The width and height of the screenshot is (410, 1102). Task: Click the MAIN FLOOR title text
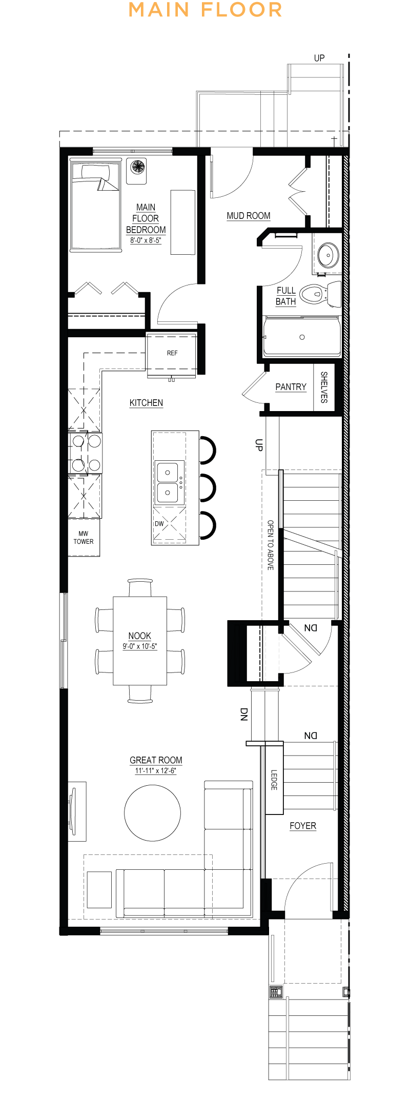pos(205,10)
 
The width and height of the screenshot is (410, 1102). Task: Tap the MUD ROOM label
pos(249,216)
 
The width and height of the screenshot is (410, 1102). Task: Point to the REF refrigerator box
pos(172,353)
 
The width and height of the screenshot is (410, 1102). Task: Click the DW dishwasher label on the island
pos(159,523)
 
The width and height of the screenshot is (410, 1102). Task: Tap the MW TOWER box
pos(84,538)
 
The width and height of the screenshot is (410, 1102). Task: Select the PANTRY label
pos(291,387)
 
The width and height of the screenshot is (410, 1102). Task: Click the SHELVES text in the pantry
pos(324,387)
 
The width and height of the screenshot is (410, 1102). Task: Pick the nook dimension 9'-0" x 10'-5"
pos(139,646)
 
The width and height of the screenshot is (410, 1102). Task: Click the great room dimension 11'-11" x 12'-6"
pos(156,771)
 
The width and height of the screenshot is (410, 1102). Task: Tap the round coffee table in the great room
pos(152,813)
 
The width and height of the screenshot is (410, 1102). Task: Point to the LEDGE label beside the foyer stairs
pos(274,780)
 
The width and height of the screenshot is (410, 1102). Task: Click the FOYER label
pos(303,826)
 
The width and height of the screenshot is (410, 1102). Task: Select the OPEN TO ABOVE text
pos(271,545)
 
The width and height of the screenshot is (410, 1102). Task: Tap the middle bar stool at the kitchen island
pos(208,487)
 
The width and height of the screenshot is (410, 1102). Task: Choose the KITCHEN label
pos(146,403)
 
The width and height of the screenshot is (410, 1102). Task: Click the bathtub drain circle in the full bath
pos(302,337)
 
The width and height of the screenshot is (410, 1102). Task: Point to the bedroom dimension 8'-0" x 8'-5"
pos(146,240)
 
